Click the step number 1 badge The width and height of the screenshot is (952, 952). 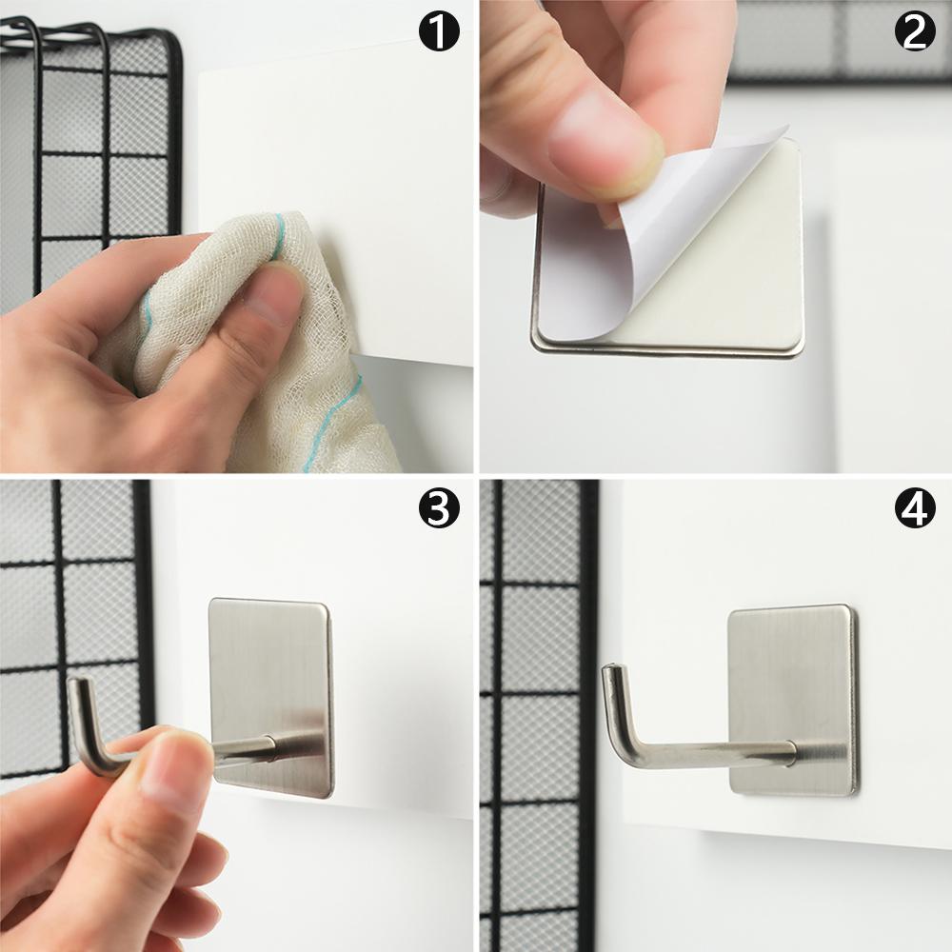click(x=439, y=31)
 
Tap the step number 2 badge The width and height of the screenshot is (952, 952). click(x=915, y=31)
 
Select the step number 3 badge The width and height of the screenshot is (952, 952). click(x=439, y=507)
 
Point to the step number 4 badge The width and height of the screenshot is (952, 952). click(x=915, y=507)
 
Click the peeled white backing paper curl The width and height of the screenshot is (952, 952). click(x=656, y=230)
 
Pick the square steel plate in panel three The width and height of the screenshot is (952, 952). click(x=270, y=698)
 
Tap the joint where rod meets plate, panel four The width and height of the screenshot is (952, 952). click(x=795, y=753)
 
